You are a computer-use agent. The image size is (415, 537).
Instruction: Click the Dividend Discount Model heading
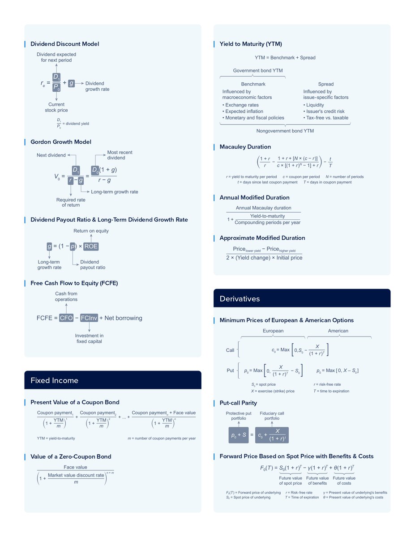(x=64, y=44)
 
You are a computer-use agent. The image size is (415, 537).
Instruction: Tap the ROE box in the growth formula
(x=91, y=247)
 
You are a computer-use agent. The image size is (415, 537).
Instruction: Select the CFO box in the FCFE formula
(x=66, y=318)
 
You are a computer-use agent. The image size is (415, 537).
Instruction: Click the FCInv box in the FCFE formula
(x=89, y=318)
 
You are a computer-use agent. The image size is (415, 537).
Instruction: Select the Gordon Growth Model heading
(x=60, y=142)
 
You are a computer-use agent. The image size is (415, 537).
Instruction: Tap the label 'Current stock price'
(x=56, y=107)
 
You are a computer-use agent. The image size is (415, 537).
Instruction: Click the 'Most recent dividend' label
(x=120, y=155)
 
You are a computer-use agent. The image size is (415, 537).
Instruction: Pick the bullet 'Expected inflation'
(x=244, y=111)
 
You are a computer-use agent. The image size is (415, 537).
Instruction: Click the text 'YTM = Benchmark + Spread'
(x=285, y=57)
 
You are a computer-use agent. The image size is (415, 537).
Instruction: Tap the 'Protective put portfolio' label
(x=239, y=416)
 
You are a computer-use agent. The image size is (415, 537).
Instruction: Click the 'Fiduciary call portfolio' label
(x=272, y=416)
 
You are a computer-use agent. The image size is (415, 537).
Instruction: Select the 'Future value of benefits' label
(x=317, y=481)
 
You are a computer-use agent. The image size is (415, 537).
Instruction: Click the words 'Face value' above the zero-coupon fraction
(x=75, y=467)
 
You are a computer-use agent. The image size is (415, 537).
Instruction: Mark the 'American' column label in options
(x=338, y=331)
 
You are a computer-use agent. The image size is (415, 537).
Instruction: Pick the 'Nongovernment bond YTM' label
(x=285, y=131)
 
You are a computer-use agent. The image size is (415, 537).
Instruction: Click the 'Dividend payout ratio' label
(x=93, y=264)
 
